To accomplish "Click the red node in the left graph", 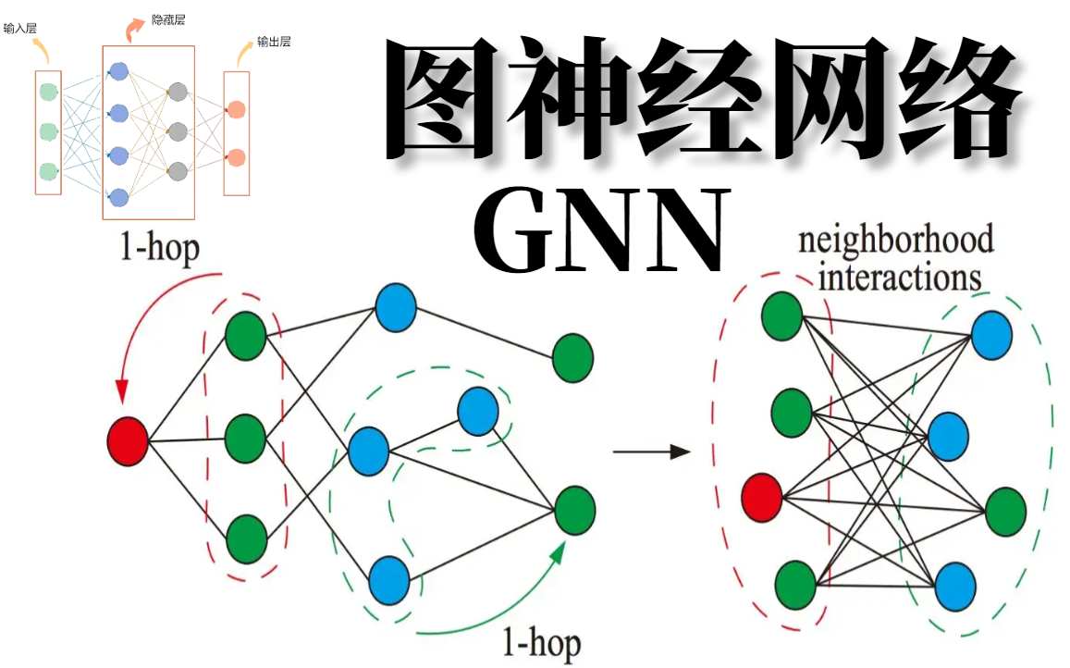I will tap(128, 441).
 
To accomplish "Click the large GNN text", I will tap(600, 230).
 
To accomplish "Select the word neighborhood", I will tap(895, 241).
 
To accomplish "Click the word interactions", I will tap(900, 277).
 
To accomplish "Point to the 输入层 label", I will tap(19, 29).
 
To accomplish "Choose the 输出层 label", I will tap(274, 43).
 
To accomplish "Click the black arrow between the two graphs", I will tap(652, 452).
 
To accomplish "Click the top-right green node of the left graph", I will tap(573, 359).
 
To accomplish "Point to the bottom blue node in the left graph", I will tap(389, 579).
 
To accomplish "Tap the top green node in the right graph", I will tap(782, 315).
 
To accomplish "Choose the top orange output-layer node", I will tap(236, 110).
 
